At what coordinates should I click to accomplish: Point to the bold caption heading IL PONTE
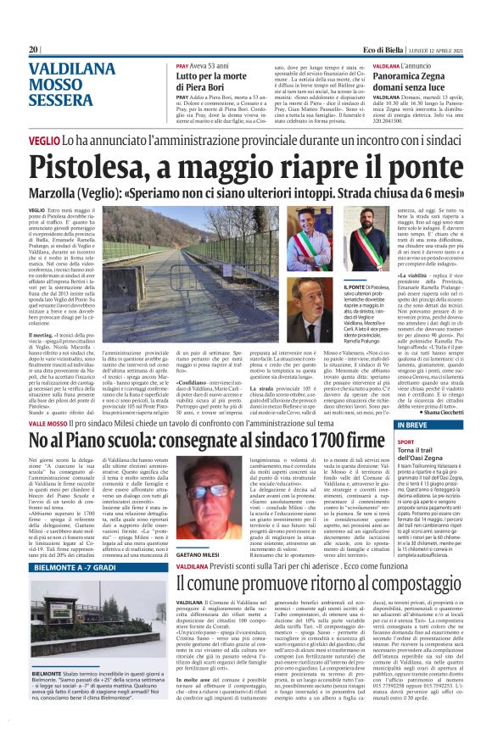coord(329,289)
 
